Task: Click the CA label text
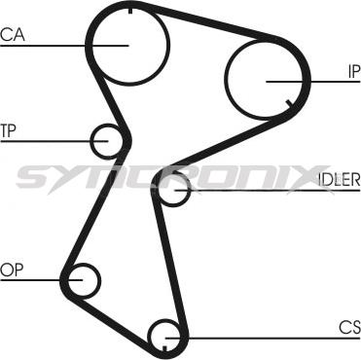[x=13, y=35]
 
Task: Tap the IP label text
[x=352, y=70]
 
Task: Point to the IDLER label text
[x=339, y=179]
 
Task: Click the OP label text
[x=11, y=270]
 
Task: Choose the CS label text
[x=349, y=326]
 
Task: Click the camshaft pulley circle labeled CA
[x=127, y=44]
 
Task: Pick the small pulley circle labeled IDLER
[x=173, y=189]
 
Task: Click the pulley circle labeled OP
[x=82, y=280]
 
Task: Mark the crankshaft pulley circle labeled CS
[x=166, y=337]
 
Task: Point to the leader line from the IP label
[x=311, y=80]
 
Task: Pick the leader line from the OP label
[x=39, y=280]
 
